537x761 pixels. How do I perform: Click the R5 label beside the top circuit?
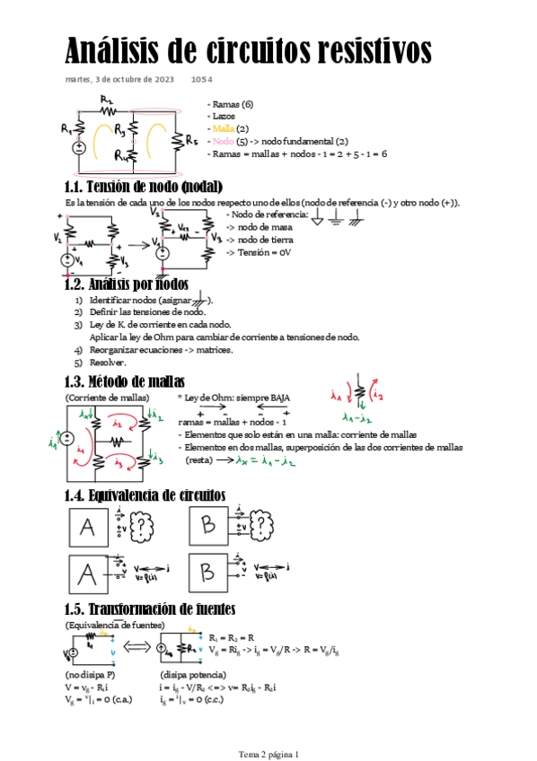click(192, 140)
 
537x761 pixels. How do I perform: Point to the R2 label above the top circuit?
click(108, 100)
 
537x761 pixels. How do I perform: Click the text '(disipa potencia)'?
click(189, 674)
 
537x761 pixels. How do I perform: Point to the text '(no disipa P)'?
click(91, 674)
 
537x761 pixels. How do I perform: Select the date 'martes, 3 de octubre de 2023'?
click(119, 80)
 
